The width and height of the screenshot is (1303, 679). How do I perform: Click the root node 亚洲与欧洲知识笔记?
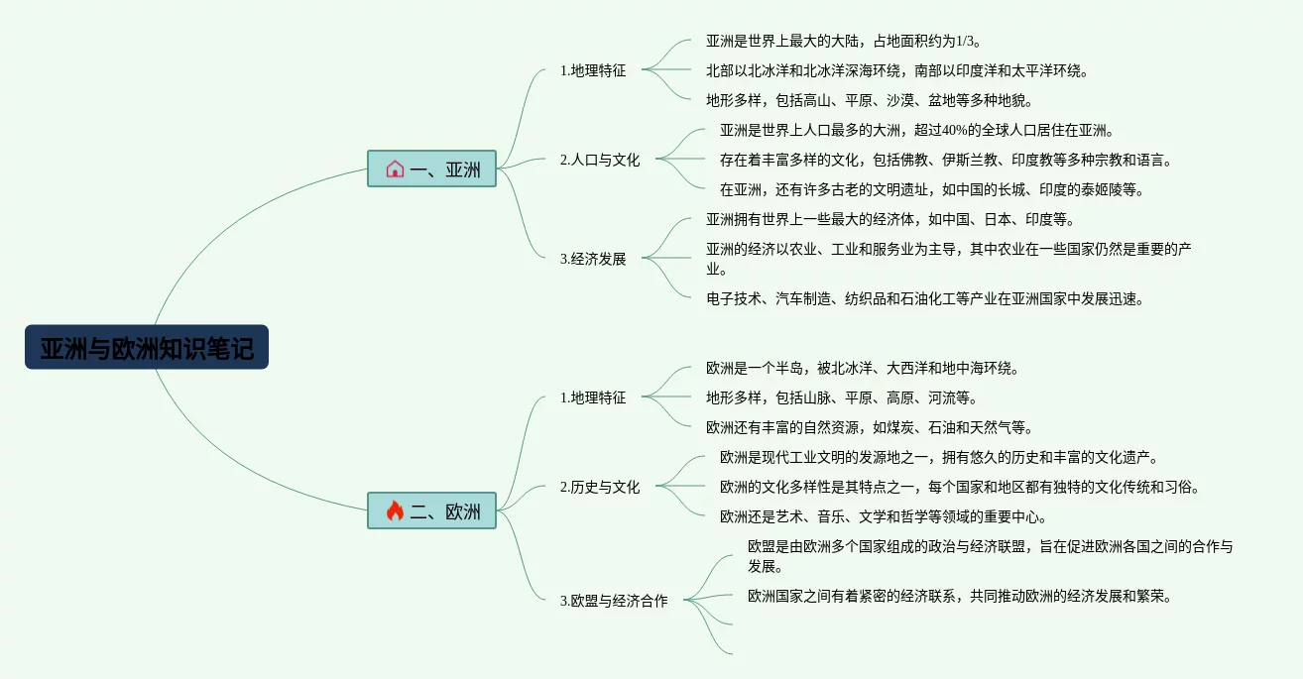[x=147, y=348]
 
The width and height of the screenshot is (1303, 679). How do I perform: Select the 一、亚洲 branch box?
[x=431, y=169]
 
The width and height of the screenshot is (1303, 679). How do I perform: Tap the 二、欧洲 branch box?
[x=431, y=510]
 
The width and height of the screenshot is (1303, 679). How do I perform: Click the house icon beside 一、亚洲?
[x=395, y=169]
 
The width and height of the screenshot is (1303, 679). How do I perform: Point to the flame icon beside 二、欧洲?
[x=395, y=510]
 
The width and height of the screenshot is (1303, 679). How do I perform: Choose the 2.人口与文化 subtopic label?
[x=600, y=160]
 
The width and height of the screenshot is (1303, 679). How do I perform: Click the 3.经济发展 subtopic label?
[x=593, y=259]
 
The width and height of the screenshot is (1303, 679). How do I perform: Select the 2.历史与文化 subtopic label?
[x=600, y=487]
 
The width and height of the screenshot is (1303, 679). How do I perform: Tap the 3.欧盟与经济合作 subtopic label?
[x=614, y=601]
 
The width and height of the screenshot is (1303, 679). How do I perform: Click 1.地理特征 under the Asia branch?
[x=593, y=70]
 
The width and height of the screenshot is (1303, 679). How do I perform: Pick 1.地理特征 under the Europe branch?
[x=593, y=397]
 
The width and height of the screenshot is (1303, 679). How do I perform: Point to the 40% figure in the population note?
[x=954, y=130]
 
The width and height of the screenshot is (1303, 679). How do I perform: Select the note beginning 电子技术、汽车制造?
[x=924, y=298]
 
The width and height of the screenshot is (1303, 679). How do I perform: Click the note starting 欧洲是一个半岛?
[x=862, y=368]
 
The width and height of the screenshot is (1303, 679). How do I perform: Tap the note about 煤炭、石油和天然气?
[x=870, y=427]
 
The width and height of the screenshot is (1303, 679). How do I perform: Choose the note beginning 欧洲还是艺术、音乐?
[x=884, y=516]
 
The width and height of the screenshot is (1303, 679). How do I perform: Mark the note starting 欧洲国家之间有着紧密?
[x=959, y=596]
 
